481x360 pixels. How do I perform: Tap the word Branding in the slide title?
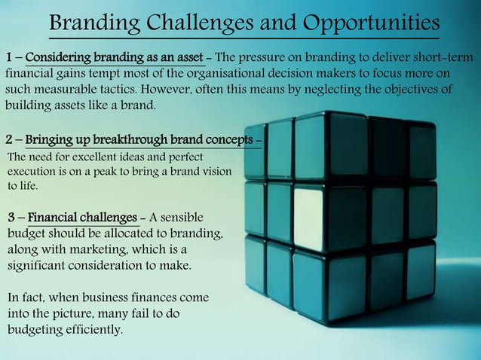tap(91, 23)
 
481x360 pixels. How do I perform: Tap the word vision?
tap(216, 172)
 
